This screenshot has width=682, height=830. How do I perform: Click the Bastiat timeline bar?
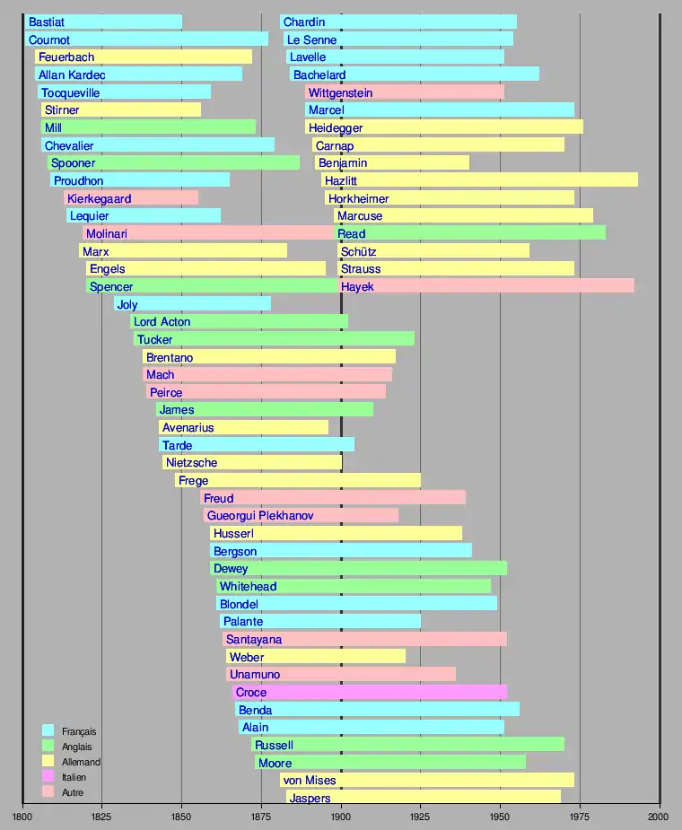103,22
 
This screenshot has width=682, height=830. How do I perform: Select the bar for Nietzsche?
252,463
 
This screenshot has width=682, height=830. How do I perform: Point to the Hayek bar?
485,286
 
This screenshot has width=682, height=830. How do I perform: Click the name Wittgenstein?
340,92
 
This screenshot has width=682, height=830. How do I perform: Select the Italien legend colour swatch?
48,777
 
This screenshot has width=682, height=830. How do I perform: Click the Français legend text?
79,732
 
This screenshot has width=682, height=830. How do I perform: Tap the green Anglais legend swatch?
48,747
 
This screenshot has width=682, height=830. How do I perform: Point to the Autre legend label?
74,792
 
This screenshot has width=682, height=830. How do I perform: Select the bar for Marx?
183,251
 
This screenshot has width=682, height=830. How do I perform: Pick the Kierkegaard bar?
131,198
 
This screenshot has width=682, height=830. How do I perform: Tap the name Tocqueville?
70,92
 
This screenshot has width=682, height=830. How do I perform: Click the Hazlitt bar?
479,180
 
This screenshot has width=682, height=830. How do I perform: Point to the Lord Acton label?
162,322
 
